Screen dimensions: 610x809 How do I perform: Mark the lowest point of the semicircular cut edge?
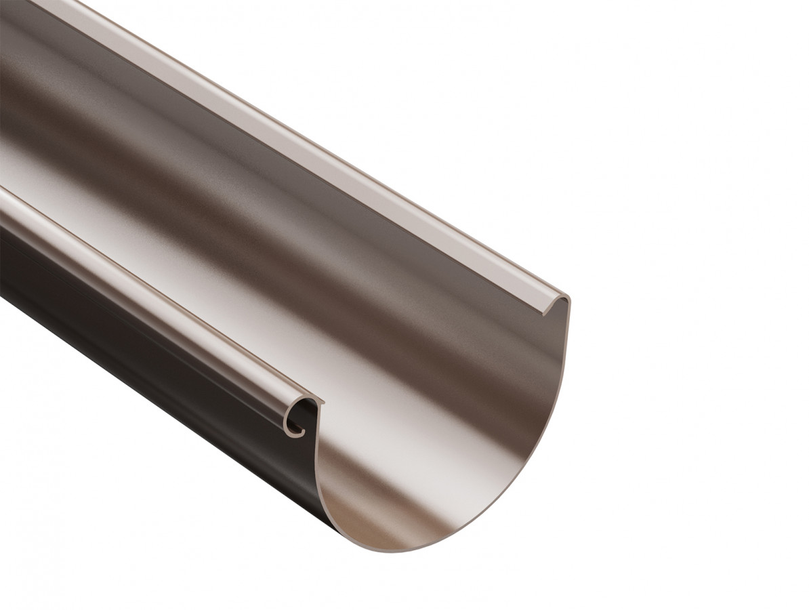[407, 550]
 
